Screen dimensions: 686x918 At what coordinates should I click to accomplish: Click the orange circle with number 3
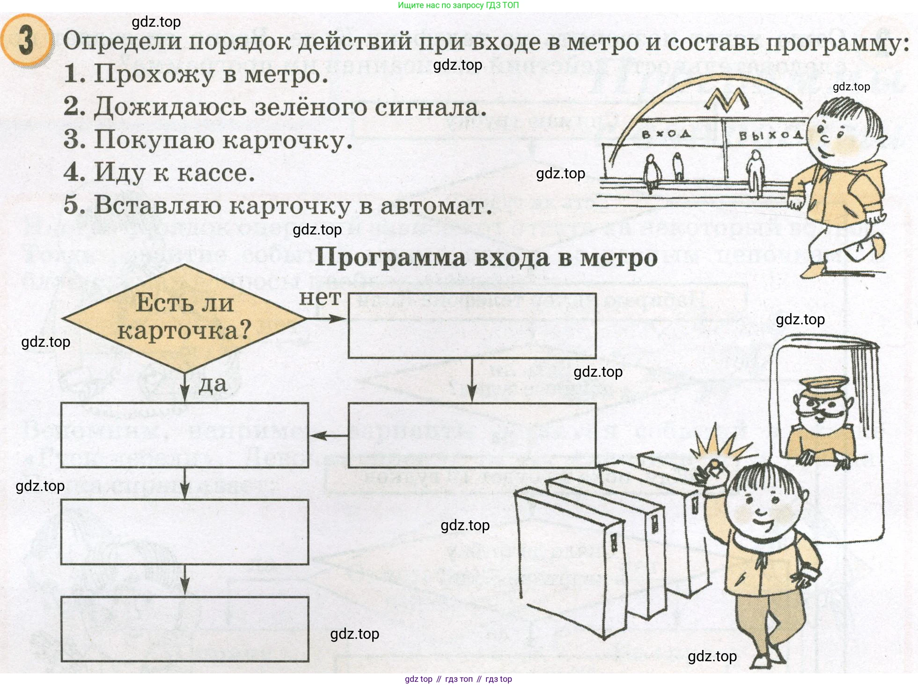[x=26, y=41]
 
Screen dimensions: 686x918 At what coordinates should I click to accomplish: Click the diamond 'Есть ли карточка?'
[x=184, y=318]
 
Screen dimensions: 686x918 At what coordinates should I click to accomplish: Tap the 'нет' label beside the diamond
[x=320, y=298]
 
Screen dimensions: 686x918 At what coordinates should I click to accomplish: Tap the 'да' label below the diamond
[x=213, y=385]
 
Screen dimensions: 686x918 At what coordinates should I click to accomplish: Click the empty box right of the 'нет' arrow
[x=472, y=326]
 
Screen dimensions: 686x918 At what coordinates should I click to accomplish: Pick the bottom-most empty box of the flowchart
[x=184, y=628]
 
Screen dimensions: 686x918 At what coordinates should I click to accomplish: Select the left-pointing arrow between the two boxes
[x=328, y=436]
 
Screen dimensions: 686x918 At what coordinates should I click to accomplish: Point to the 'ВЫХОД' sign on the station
[x=771, y=135]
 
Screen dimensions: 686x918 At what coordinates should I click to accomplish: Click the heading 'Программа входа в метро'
[x=486, y=258]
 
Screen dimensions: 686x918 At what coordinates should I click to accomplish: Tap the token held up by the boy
[x=715, y=466]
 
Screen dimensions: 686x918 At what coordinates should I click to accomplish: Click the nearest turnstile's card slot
[x=614, y=543]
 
